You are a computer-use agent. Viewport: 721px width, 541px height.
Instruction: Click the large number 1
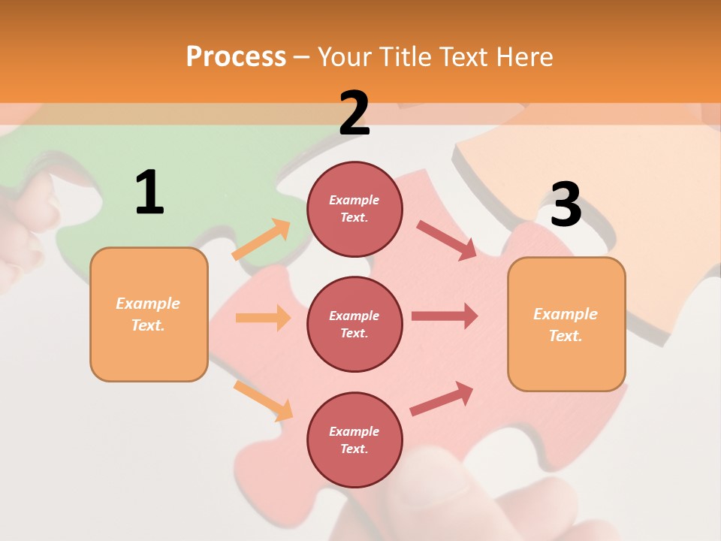pyautogui.click(x=149, y=192)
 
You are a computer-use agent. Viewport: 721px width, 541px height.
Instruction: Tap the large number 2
pyautogui.click(x=354, y=113)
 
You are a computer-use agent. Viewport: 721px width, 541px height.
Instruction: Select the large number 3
pyautogui.click(x=566, y=205)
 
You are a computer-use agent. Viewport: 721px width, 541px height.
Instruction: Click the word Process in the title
pyautogui.click(x=236, y=56)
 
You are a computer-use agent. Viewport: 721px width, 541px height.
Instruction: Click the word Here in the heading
pyautogui.click(x=523, y=56)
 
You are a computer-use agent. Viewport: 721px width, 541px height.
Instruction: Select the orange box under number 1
pyautogui.click(x=149, y=314)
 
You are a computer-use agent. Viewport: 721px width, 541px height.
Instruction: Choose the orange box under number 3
pyautogui.click(x=566, y=325)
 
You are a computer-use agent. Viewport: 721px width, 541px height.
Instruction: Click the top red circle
pyautogui.click(x=354, y=209)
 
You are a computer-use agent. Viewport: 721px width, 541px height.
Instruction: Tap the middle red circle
pyautogui.click(x=354, y=324)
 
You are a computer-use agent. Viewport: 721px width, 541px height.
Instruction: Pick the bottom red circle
pyautogui.click(x=354, y=440)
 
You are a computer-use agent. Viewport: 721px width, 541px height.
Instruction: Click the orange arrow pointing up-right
pyautogui.click(x=261, y=240)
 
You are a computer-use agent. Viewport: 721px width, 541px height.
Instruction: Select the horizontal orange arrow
pyautogui.click(x=263, y=318)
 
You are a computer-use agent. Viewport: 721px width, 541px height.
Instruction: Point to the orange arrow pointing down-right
pyautogui.click(x=263, y=400)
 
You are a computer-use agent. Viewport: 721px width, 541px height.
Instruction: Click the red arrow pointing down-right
pyautogui.click(x=446, y=240)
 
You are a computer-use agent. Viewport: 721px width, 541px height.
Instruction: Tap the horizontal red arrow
pyautogui.click(x=445, y=316)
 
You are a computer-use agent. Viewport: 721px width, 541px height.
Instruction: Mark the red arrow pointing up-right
pyautogui.click(x=442, y=398)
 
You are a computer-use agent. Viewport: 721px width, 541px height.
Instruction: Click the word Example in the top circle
pyautogui.click(x=354, y=200)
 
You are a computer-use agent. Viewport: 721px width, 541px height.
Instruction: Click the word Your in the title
pyautogui.click(x=345, y=56)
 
